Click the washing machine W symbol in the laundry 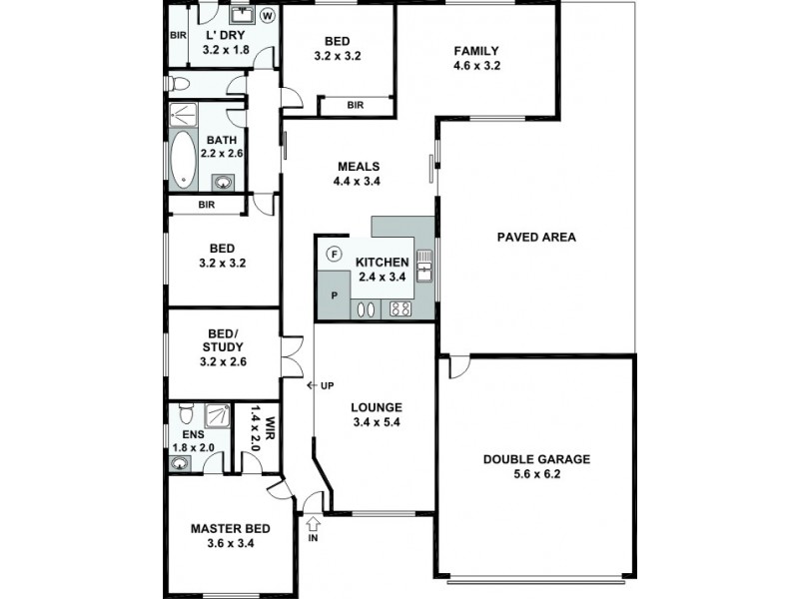[268, 16]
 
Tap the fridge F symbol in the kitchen [335, 254]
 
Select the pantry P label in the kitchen [335, 296]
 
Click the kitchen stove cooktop [400, 309]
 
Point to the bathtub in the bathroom [183, 160]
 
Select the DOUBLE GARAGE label [536, 459]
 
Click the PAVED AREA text [536, 237]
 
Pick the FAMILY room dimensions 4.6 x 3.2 [476, 66]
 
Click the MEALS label [359, 167]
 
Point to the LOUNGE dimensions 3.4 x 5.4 [377, 422]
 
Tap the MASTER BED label [231, 529]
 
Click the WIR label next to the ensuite [270, 426]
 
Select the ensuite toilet [187, 413]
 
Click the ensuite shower [217, 415]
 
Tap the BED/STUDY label [223, 340]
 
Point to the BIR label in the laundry [178, 36]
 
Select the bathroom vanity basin [223, 183]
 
